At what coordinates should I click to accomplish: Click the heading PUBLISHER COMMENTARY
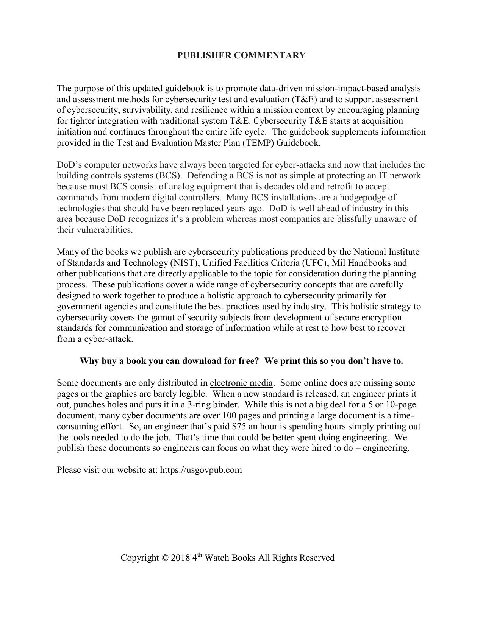coord(241,55)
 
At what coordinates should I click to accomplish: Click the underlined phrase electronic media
coord(241,383)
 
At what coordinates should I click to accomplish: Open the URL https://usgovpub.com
coord(201,470)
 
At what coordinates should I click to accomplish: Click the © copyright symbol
coord(164,558)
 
